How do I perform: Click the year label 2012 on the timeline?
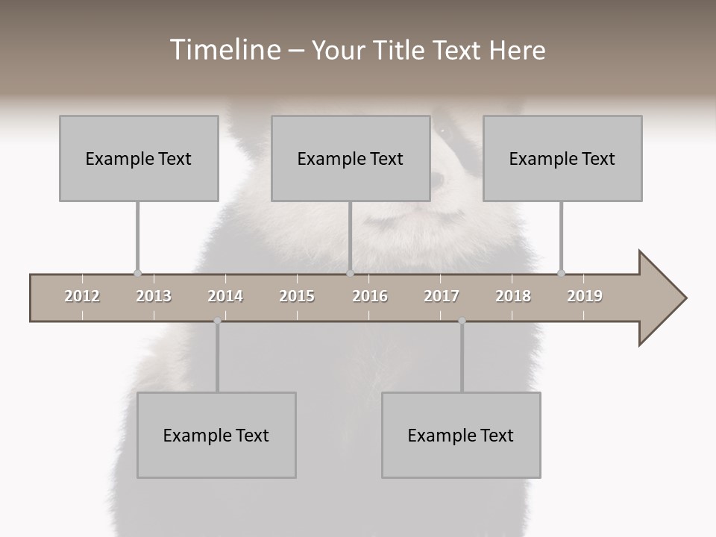[x=82, y=296]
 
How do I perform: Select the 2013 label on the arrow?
[x=154, y=296]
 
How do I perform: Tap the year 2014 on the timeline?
[x=225, y=296]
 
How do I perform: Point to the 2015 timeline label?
[x=297, y=296]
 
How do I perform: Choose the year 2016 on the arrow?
[x=370, y=296]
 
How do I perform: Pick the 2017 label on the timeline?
[x=442, y=296]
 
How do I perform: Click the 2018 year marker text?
[x=513, y=296]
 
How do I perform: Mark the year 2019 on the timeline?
[x=585, y=296]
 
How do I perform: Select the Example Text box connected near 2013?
[x=139, y=158]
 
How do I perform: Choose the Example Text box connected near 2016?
[x=351, y=158]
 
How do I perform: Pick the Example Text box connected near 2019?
[x=562, y=158]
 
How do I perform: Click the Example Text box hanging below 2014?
[x=216, y=435]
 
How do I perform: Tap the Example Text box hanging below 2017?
[x=461, y=435]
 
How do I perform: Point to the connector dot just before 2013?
[x=137, y=273]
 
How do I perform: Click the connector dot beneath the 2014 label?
[x=217, y=321]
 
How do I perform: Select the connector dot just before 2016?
[x=350, y=273]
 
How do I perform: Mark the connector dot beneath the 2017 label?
[x=462, y=321]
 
